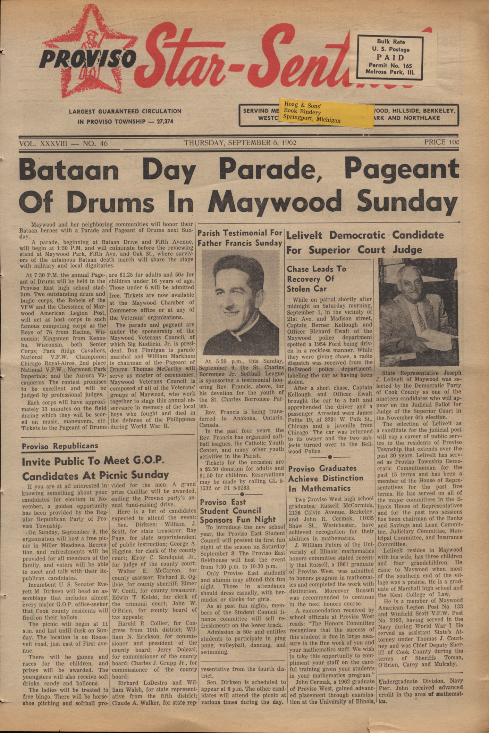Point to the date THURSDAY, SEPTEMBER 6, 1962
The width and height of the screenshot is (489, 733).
pyautogui.click(x=240, y=142)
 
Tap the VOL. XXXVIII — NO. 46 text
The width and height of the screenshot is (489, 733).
pyautogui.click(x=64, y=143)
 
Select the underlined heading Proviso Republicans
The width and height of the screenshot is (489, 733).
pyautogui.click(x=60, y=446)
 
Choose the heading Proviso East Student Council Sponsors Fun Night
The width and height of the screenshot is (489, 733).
pyautogui.click(x=238, y=511)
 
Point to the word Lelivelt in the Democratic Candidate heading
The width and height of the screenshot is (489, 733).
pyautogui.click(x=304, y=235)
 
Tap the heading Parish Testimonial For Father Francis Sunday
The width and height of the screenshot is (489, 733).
pyautogui.click(x=240, y=238)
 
